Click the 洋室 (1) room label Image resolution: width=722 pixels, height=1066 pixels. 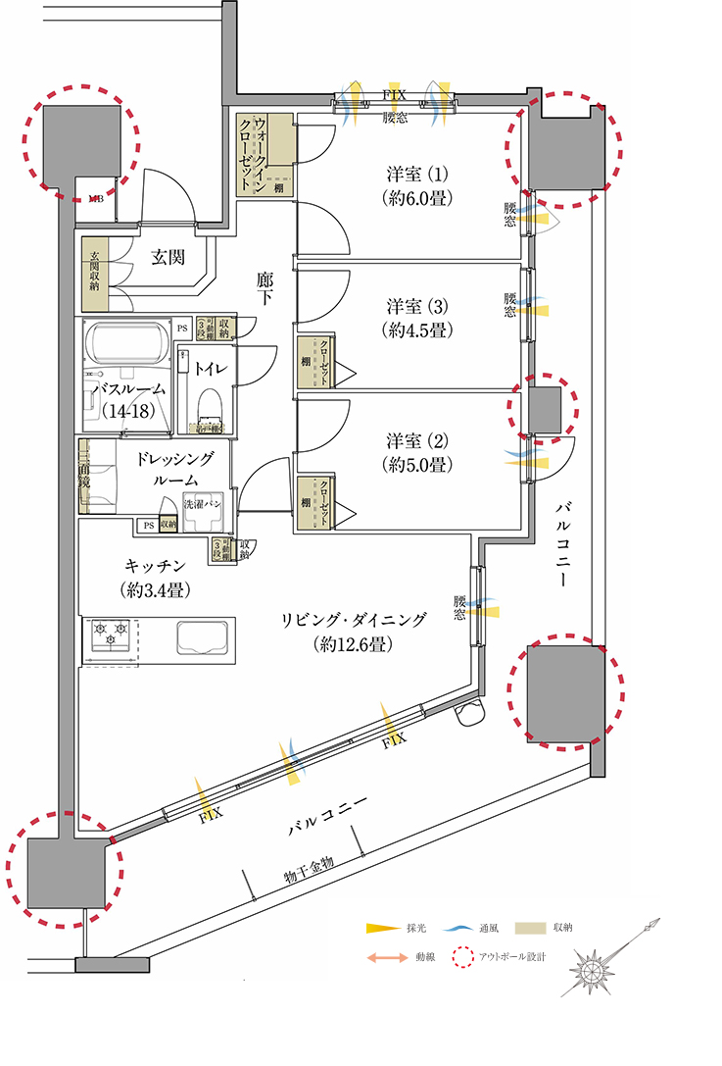click(x=416, y=184)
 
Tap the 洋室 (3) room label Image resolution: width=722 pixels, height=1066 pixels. click(x=416, y=316)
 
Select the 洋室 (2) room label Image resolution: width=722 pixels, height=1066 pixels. click(x=416, y=451)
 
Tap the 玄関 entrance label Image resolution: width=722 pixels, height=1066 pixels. click(x=168, y=258)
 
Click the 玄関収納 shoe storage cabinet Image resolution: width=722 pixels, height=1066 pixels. click(x=93, y=275)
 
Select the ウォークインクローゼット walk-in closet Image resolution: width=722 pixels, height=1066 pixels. click(x=265, y=153)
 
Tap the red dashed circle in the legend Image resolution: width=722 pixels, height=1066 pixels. click(x=460, y=956)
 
